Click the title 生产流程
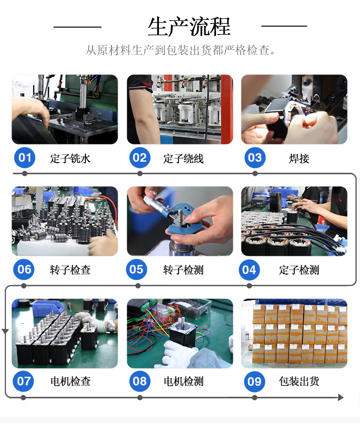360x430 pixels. point(189,26)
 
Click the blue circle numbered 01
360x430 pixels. point(25,157)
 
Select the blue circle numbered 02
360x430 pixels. point(140,157)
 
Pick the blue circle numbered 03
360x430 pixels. point(255,157)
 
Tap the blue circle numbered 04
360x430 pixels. point(249,270)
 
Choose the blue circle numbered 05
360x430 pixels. point(137,270)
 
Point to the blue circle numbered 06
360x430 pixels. point(24,270)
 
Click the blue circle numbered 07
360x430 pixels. point(24,382)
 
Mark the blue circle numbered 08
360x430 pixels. point(140,382)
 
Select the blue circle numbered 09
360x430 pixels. point(254,382)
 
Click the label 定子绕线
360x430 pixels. point(183,158)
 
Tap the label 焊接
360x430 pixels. point(299,158)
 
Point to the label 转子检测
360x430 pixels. point(183,270)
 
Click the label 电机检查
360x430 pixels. point(70,382)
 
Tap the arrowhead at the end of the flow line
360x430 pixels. point(340,397)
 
